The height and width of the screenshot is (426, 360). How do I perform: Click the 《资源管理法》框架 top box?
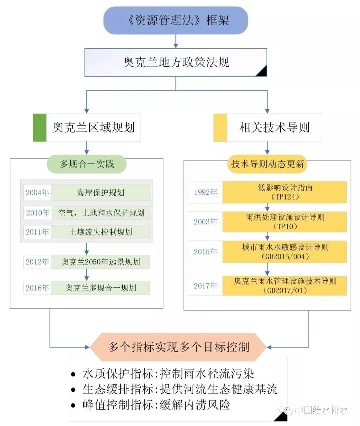click(x=176, y=20)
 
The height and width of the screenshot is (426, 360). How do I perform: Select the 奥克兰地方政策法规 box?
click(x=176, y=62)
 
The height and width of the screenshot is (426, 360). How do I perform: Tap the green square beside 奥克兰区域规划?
click(x=40, y=128)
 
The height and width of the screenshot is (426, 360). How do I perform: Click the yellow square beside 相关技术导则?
click(x=220, y=128)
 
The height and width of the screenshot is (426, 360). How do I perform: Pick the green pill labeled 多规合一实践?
click(x=87, y=164)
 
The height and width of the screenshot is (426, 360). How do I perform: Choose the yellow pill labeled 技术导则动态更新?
click(x=267, y=164)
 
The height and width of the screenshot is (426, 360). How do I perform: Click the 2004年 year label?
click(x=37, y=193)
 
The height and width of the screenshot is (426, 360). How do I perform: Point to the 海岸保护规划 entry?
click(x=100, y=193)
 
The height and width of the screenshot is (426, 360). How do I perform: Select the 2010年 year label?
click(x=38, y=213)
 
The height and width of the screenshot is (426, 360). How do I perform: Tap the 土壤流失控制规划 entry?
click(x=100, y=232)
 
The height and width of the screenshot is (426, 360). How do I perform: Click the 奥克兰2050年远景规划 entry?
click(x=100, y=262)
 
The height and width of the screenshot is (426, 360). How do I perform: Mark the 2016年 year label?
click(x=37, y=288)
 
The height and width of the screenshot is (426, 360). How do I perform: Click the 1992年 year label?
click(x=205, y=192)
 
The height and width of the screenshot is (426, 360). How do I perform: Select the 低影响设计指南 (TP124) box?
click(x=285, y=192)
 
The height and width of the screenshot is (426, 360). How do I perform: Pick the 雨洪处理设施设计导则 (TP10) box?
click(x=285, y=222)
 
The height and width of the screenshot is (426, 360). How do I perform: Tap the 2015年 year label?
click(x=205, y=252)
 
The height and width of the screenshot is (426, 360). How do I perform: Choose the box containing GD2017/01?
click(x=285, y=286)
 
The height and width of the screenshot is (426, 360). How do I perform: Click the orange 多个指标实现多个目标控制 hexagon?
click(x=178, y=347)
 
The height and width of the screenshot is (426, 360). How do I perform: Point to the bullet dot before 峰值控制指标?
click(x=73, y=406)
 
